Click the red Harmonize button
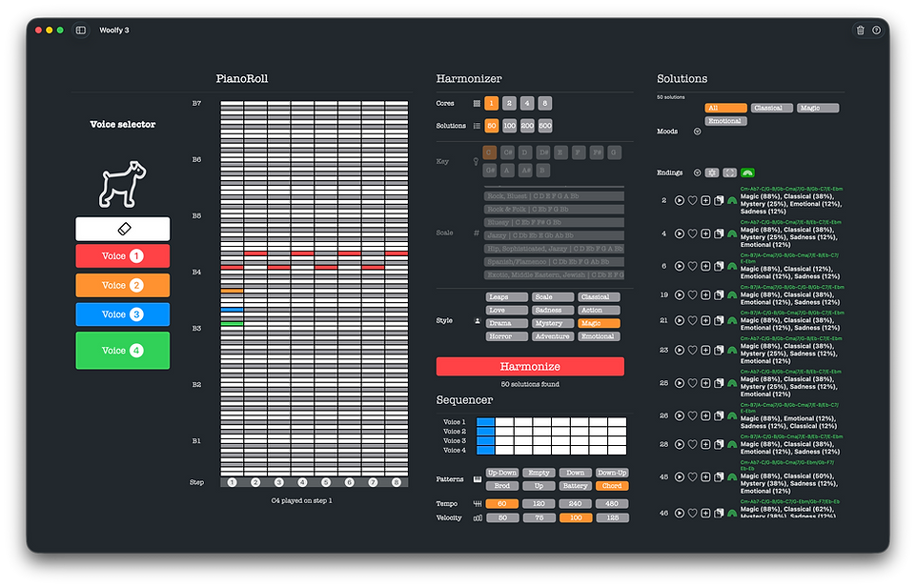pyautogui.click(x=530, y=367)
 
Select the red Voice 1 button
pyautogui.click(x=123, y=256)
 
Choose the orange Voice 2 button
pyautogui.click(x=123, y=285)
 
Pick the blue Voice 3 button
pyautogui.click(x=123, y=314)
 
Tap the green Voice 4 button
pyautogui.click(x=123, y=350)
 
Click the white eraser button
pyautogui.click(x=123, y=229)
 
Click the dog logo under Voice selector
pyautogui.click(x=122, y=184)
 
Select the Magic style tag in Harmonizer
pyautogui.click(x=599, y=324)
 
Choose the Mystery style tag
pyautogui.click(x=553, y=324)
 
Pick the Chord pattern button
pyautogui.click(x=611, y=486)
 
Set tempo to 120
pyautogui.click(x=539, y=504)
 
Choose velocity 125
pyautogui.click(x=611, y=518)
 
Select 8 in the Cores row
pyautogui.click(x=544, y=103)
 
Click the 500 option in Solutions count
pyautogui.click(x=544, y=126)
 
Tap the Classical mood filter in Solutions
pyautogui.click(x=771, y=109)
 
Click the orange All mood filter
pyautogui.click(x=724, y=109)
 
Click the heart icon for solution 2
pyautogui.click(x=693, y=201)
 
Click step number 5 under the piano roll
pyautogui.click(x=326, y=483)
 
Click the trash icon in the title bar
pyautogui.click(x=861, y=30)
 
